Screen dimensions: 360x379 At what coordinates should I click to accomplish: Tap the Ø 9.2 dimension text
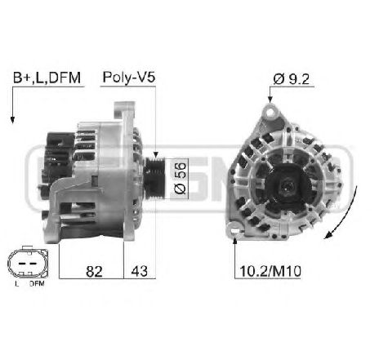point(292,78)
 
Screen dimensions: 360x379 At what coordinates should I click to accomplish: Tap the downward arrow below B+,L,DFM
point(13,106)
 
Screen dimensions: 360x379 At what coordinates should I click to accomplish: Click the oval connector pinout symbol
point(25,263)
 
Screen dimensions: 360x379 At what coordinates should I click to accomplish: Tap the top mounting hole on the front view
point(272,113)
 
